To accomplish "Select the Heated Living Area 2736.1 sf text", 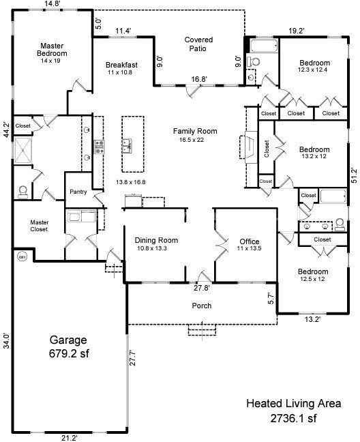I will (293, 410).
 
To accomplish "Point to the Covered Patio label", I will (199, 44).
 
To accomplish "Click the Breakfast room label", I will (122, 65).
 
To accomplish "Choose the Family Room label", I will (194, 131).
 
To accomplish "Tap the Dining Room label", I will (156, 240).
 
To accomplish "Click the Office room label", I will (249, 242).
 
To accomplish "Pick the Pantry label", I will (78, 192).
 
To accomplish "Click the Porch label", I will (201, 306).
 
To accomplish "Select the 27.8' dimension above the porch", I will (201, 287).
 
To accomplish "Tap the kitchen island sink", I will (127, 145).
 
